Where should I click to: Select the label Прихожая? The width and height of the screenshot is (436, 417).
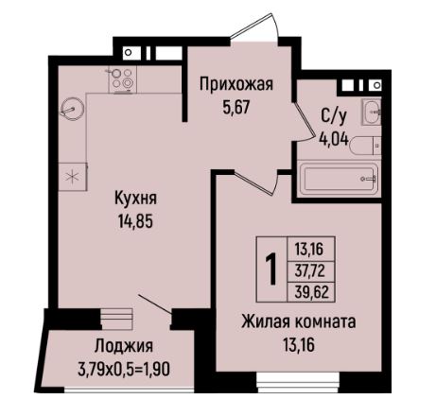[x=235, y=85]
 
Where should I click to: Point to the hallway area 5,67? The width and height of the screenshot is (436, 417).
[x=235, y=107]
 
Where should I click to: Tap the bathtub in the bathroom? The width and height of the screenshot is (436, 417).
[x=338, y=179]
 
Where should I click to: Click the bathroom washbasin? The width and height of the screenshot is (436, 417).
[x=373, y=111]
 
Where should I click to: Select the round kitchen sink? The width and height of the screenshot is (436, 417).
[x=72, y=108]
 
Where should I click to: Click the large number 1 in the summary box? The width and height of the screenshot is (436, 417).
[x=271, y=269]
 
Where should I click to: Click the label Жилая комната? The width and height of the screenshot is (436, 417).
[x=298, y=321]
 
